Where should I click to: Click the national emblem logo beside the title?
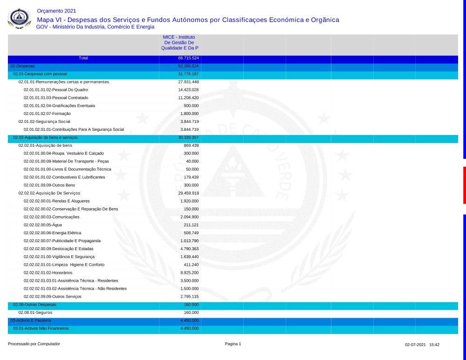pyautogui.click(x=19, y=19)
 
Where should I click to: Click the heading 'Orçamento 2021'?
pyautogui.click(x=56, y=11)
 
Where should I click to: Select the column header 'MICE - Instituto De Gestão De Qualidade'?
pyautogui.click(x=179, y=42)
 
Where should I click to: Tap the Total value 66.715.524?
pyautogui.click(x=188, y=58)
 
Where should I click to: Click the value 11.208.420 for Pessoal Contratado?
pyautogui.click(x=188, y=98)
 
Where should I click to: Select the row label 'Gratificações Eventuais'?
pyautogui.click(x=59, y=106)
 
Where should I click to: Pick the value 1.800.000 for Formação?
pyautogui.click(x=189, y=114)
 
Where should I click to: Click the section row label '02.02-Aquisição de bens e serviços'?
pyautogui.click(x=45, y=137)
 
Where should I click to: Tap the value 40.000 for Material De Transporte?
pyautogui.click(x=192, y=161)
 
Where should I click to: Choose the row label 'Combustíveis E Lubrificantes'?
pyautogui.click(x=64, y=177)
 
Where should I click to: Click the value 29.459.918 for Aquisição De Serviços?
pyautogui.click(x=188, y=193)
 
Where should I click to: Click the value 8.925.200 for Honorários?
pyautogui.click(x=189, y=272)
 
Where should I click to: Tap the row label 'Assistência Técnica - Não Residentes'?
pyautogui.click(x=75, y=288)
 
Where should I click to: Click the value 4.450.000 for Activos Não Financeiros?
pyautogui.click(x=189, y=328)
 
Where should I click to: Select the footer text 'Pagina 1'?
pyautogui.click(x=233, y=344)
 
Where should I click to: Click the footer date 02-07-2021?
pyautogui.click(x=415, y=345)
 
